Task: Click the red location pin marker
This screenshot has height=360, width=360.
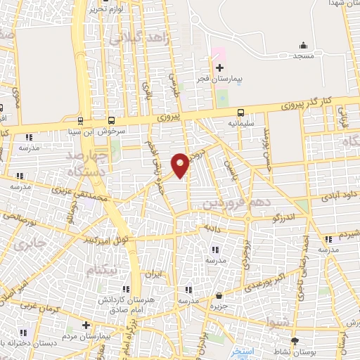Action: point(181,165)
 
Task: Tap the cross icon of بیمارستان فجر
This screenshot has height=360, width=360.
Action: point(219,68)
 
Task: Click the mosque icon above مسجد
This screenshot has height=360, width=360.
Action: point(303,44)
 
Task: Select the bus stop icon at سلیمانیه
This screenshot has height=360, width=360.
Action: point(241,112)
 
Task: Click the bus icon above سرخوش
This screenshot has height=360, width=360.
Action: point(112,120)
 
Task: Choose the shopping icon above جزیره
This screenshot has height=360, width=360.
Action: point(219,296)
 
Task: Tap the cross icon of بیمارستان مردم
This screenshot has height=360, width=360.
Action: point(86,325)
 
